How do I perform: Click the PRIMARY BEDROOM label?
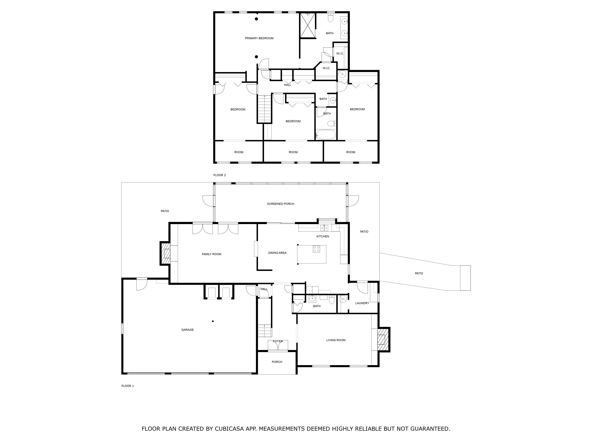pos(259,38)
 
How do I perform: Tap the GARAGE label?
pos(187,330)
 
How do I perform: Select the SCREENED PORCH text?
pos(280,204)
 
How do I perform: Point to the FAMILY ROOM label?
pos(211,254)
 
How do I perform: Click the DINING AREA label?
pos(277,253)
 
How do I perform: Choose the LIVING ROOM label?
pos(336,340)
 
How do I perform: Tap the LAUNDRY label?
pos(362,303)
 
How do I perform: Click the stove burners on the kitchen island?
pos(316,249)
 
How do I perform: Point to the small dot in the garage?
pos(213,321)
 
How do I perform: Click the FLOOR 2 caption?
pos(219,175)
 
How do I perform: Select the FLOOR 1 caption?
pos(128,386)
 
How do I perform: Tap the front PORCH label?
pos(277,362)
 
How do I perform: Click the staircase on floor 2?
pos(264,109)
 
